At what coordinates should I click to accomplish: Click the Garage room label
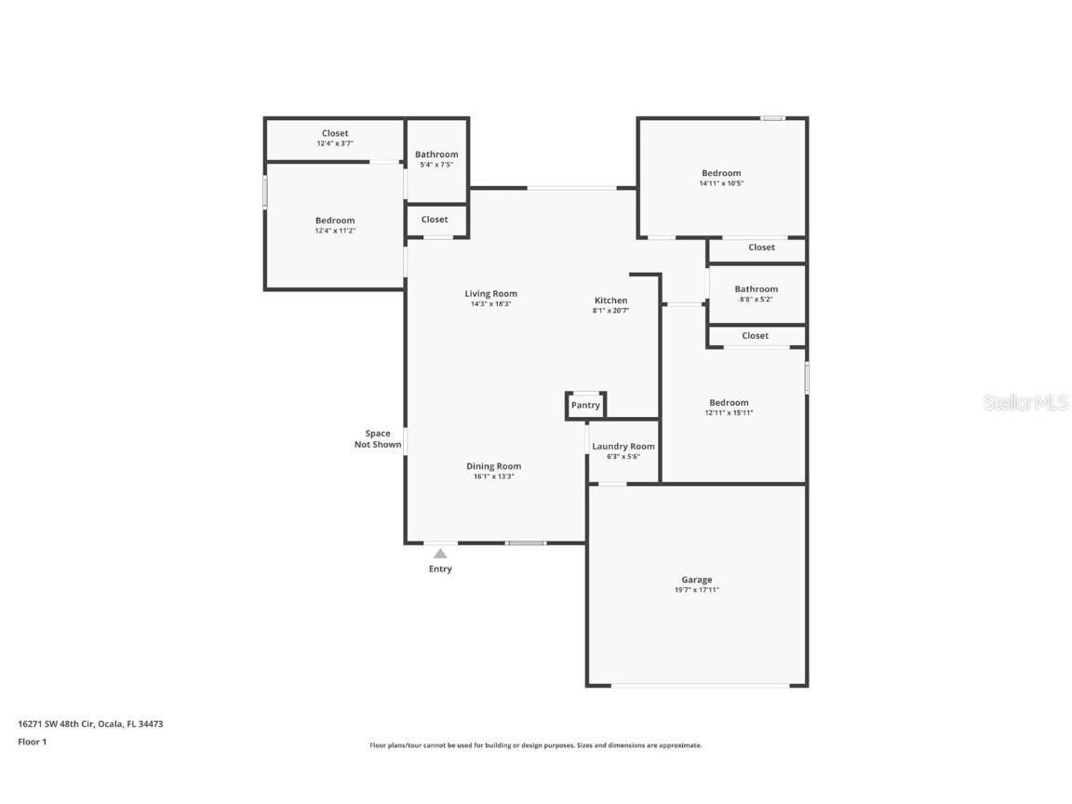696,580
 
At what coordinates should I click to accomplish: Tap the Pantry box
585,406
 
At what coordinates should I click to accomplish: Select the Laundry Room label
623,447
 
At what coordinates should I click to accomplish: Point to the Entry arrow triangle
440,554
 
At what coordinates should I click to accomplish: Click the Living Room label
490,294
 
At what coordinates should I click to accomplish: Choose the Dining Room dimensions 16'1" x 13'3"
493,476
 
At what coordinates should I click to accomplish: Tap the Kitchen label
610,301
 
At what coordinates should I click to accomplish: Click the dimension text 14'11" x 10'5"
721,183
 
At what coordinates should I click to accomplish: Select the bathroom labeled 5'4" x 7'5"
436,159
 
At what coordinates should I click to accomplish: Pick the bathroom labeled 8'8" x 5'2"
756,294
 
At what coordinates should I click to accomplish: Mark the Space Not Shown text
378,439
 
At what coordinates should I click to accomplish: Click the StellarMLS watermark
1025,402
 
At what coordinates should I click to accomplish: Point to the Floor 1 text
32,742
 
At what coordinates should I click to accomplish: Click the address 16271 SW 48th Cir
90,723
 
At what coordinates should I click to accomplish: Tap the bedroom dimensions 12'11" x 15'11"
728,412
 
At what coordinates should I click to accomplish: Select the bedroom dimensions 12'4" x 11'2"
335,231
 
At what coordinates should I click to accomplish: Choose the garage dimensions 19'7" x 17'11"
696,590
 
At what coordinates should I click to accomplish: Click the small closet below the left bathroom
435,220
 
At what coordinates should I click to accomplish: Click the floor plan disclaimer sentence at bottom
536,745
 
